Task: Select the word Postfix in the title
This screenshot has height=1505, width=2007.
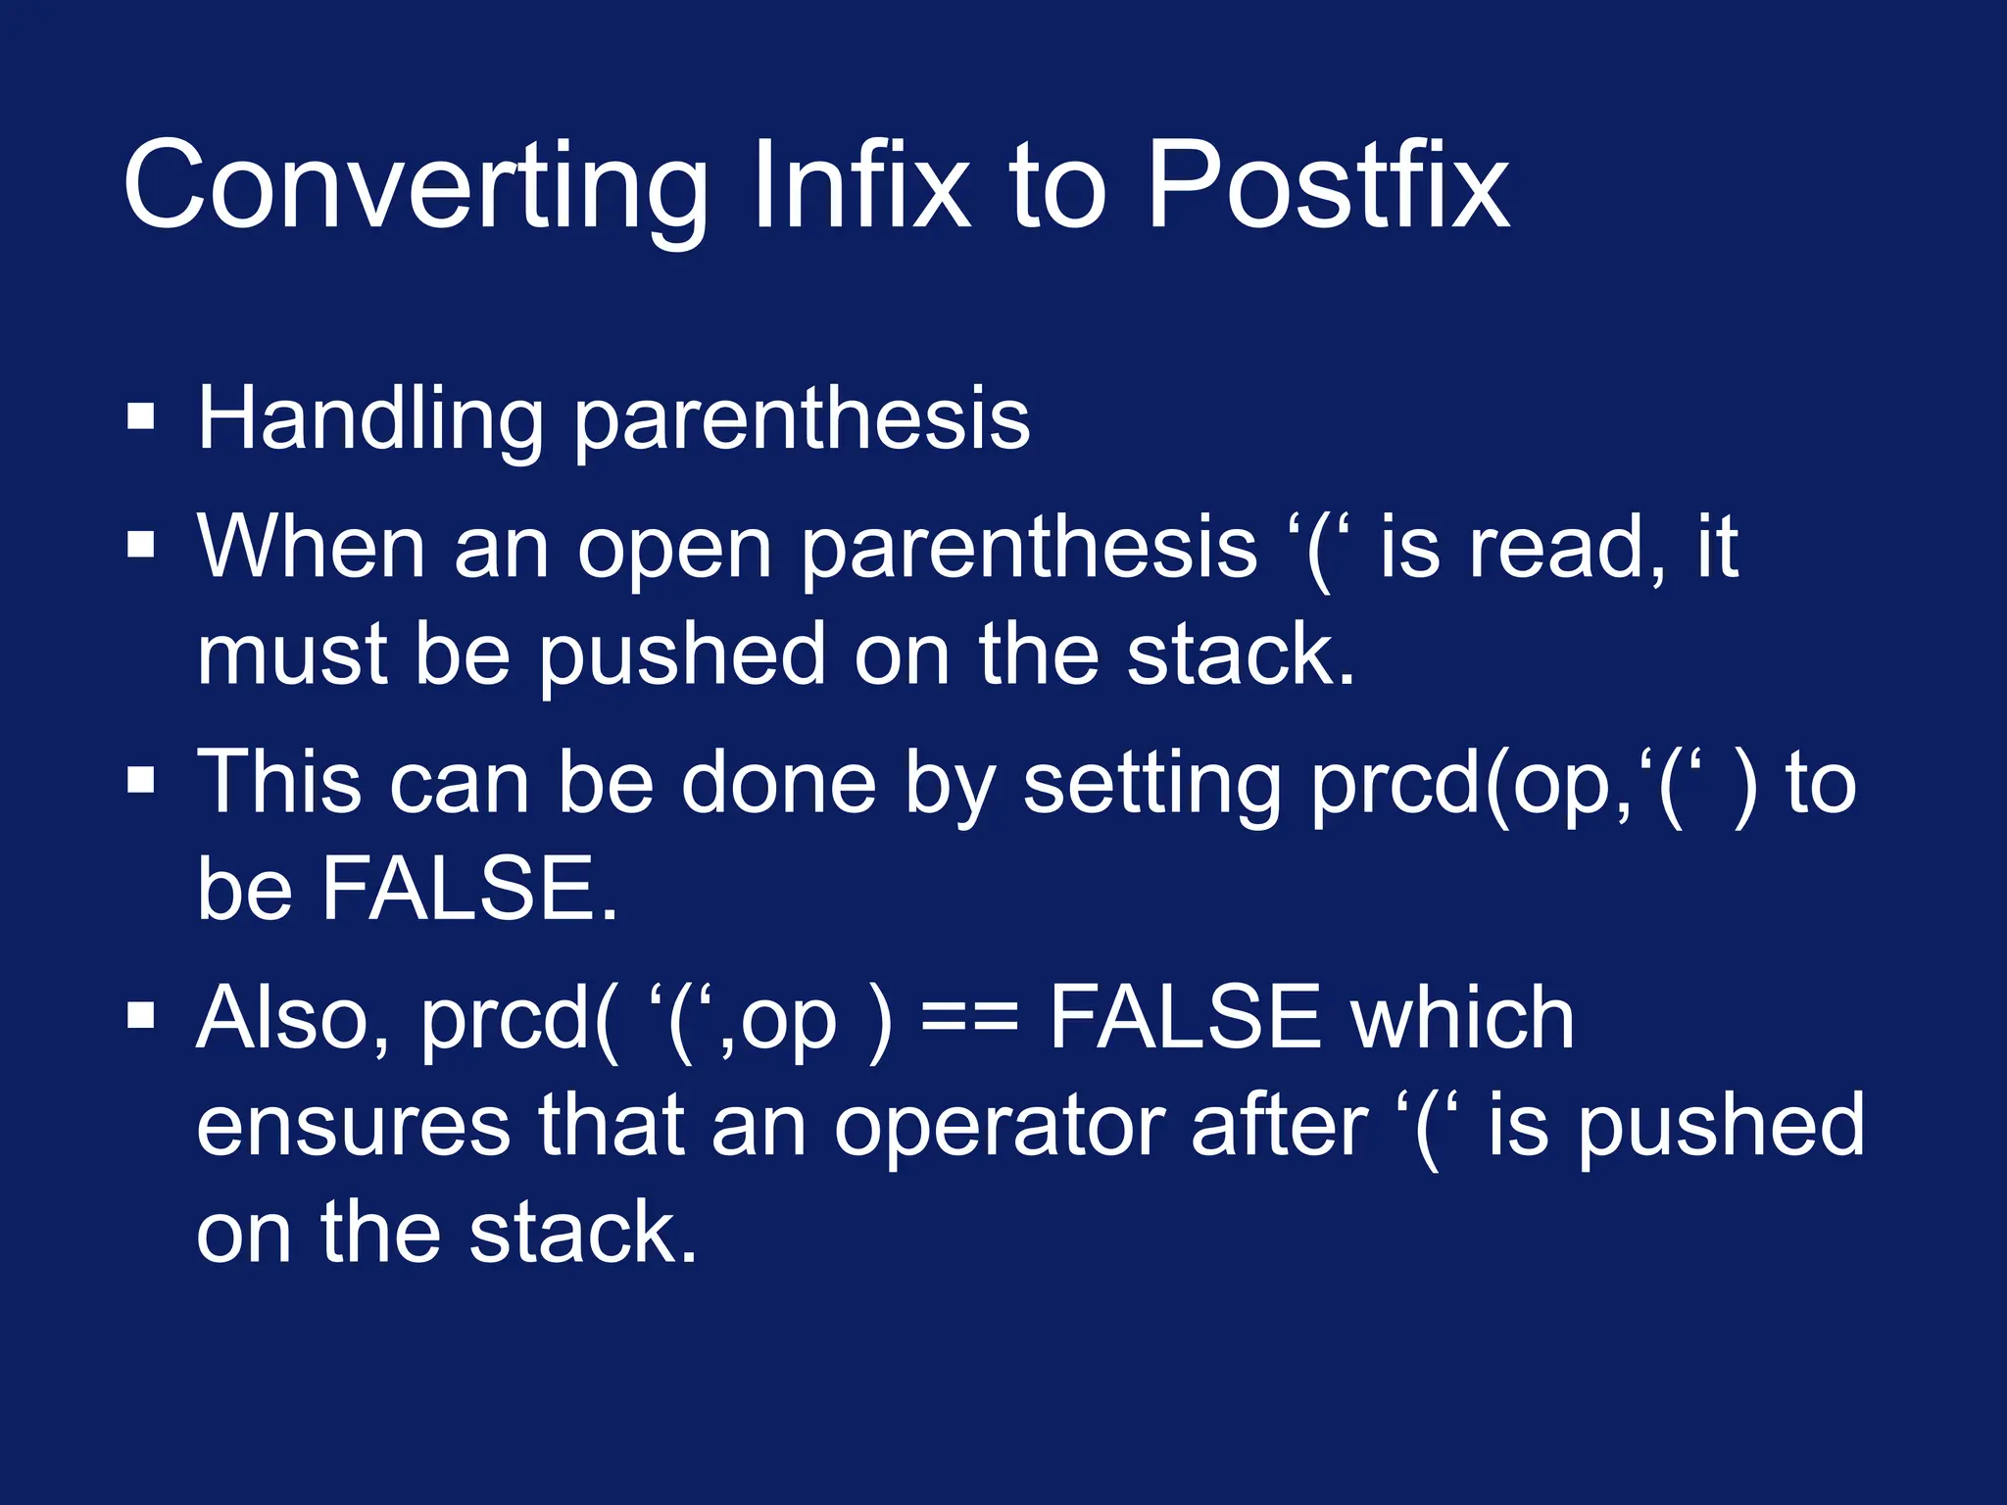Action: [x=1327, y=186]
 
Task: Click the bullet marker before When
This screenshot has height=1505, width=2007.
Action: [x=141, y=545]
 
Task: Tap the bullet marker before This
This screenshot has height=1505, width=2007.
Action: [x=141, y=781]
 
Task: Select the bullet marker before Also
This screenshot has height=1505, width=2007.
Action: [x=141, y=1016]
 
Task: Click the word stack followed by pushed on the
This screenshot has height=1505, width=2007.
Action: [x=1240, y=655]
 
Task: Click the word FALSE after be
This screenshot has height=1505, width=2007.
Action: [x=469, y=889]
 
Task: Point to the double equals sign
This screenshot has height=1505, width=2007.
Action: [x=970, y=1019]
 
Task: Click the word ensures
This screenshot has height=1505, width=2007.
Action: [x=353, y=1127]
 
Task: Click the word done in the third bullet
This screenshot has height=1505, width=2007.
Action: [x=778, y=784]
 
